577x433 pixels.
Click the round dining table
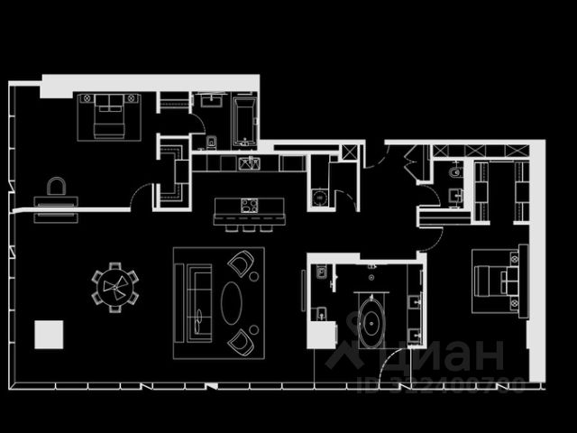(114, 287)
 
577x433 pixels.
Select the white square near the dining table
(50, 334)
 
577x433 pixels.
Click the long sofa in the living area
(197, 302)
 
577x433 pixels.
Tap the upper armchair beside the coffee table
(241, 264)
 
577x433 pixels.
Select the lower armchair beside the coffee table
(241, 342)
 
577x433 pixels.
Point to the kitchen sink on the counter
(249, 163)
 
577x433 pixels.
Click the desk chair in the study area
(56, 187)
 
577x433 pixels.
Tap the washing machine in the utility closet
(316, 198)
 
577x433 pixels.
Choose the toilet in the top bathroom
(211, 141)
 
